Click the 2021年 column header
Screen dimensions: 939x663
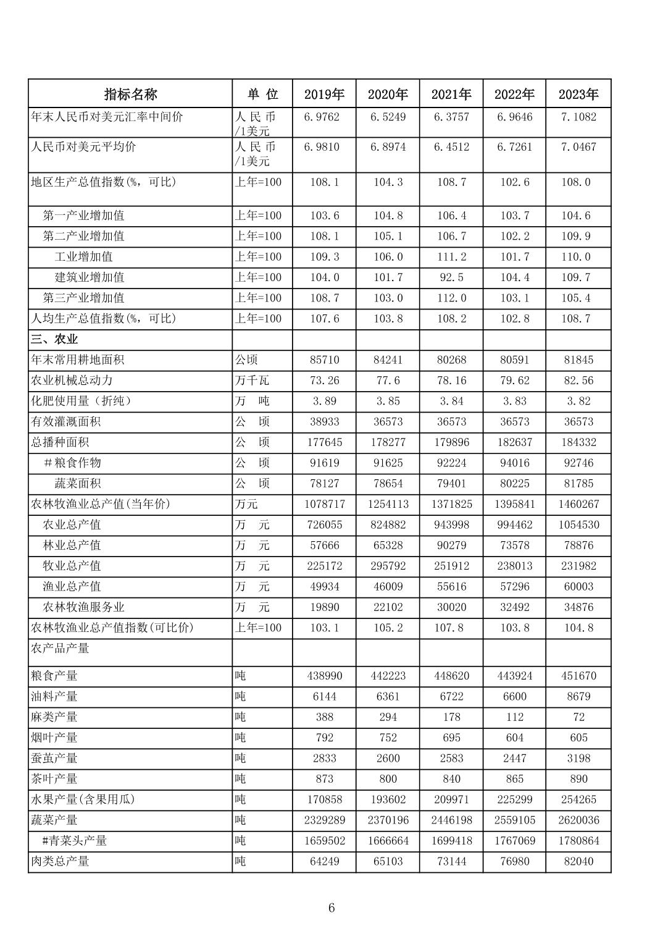click(451, 95)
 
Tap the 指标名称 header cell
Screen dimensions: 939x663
click(130, 95)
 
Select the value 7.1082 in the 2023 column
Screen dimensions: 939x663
click(578, 117)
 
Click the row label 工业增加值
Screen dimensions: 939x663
click(83, 257)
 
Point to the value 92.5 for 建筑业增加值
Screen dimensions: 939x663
click(451, 277)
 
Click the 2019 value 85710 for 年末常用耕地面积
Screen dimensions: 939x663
click(324, 360)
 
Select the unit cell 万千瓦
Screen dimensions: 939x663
click(252, 381)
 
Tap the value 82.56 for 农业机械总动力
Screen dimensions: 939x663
click(578, 381)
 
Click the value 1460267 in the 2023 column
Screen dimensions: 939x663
click(578, 504)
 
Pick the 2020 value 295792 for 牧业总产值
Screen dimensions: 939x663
click(388, 566)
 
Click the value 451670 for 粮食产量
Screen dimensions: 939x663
click(578, 676)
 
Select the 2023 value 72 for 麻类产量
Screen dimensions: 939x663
click(578, 717)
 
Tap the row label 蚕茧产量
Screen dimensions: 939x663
click(54, 759)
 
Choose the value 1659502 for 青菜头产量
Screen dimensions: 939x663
click(324, 841)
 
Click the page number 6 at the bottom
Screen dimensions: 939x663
click(331, 907)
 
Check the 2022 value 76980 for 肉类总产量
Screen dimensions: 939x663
click(514, 861)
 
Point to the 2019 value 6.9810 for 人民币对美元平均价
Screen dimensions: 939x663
click(324, 147)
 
